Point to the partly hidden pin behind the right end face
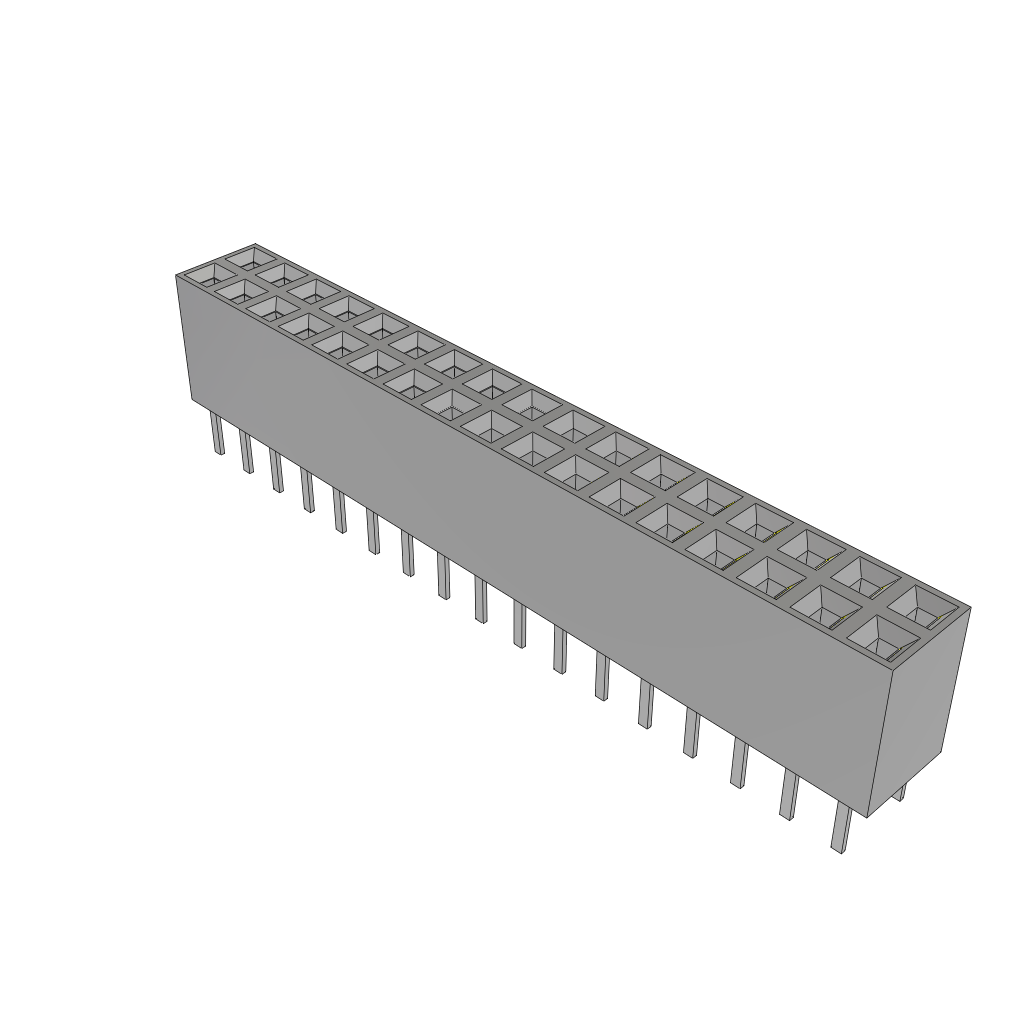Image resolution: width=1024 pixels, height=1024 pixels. click(899, 793)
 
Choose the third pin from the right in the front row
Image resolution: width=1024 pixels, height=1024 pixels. click(739, 764)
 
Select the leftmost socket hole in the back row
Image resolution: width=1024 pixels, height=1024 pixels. click(245, 257)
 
